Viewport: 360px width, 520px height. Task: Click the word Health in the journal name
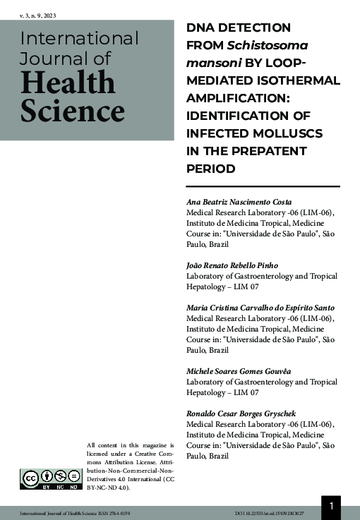point(68,84)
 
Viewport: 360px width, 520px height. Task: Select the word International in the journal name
point(79,38)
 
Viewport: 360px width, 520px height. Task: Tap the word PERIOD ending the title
point(210,169)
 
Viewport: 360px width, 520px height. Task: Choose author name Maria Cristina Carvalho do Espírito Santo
point(260,308)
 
